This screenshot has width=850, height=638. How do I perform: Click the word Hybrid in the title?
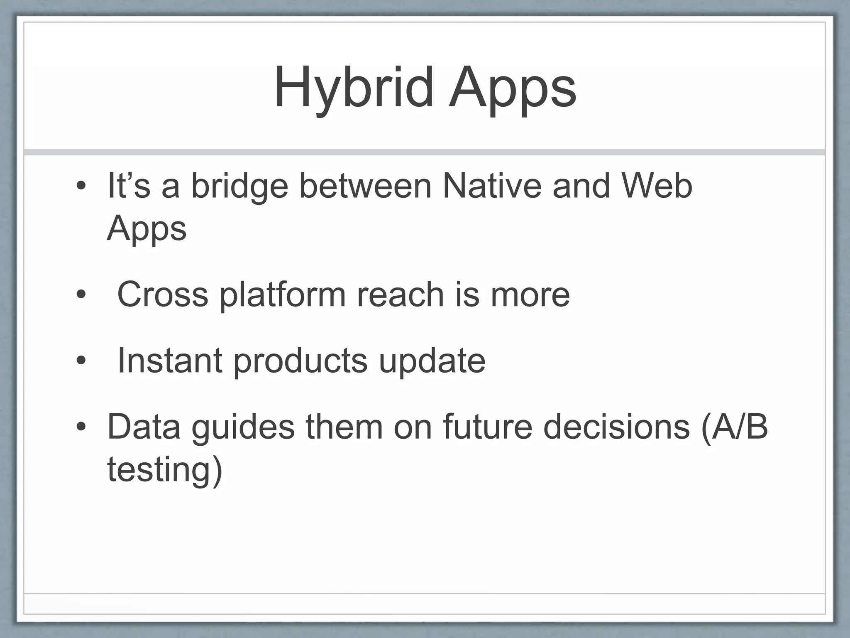[x=354, y=88]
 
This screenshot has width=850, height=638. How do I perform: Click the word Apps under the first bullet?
[x=147, y=228]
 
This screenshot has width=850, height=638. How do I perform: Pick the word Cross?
[x=162, y=294]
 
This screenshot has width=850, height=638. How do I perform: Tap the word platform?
[x=282, y=294]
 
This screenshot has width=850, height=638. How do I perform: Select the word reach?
[x=401, y=294]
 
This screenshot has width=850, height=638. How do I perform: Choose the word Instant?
[x=170, y=360]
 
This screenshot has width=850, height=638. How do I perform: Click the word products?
[x=300, y=360]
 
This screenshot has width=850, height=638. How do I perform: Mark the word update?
[x=432, y=360]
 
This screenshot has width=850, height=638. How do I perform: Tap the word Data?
[x=144, y=427]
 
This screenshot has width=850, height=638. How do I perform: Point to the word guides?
[x=243, y=427]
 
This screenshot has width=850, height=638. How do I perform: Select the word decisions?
[x=616, y=427]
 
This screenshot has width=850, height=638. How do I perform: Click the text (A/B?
[x=734, y=427]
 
